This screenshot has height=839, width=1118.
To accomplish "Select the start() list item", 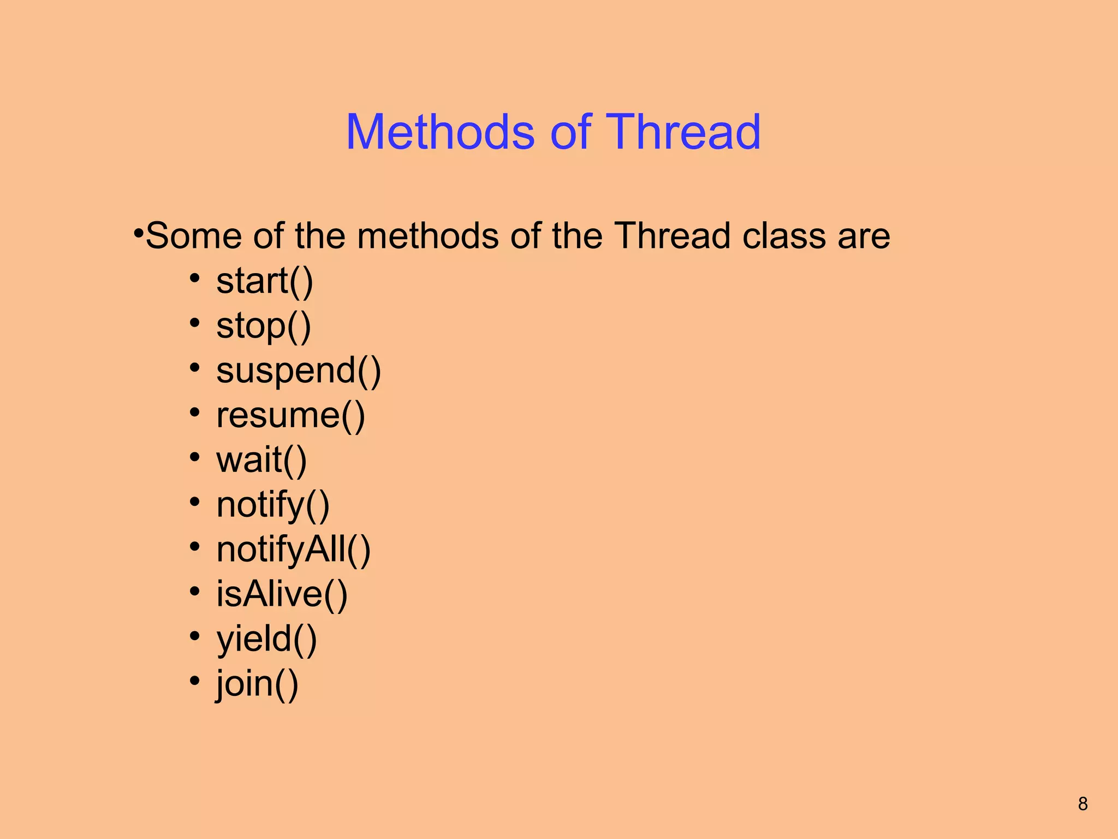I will click(265, 281).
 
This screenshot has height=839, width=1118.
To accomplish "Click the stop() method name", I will click(264, 326).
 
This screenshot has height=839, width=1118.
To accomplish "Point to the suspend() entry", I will click(299, 371).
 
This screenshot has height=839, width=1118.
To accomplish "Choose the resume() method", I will click(290, 416).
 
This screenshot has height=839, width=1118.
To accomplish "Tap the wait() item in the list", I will click(261, 460).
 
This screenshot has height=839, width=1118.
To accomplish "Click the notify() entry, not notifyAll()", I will click(273, 505).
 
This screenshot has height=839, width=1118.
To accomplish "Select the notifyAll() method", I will click(294, 550).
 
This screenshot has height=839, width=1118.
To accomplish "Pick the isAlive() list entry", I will click(282, 594).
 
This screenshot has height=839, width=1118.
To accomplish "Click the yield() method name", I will click(266, 639).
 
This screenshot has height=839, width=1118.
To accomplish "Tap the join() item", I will click(257, 684).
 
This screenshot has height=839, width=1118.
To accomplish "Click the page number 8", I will click(1083, 803).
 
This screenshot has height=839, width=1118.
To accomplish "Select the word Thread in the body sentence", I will click(673, 236).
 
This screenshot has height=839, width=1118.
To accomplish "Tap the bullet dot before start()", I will click(194, 279).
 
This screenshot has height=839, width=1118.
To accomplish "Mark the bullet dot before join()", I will click(194, 681).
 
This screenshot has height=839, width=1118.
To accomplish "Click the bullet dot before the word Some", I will click(139, 233).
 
